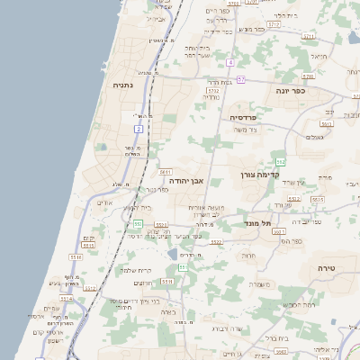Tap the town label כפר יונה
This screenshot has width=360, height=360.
click(x=291, y=90)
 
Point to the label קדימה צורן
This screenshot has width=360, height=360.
click(x=258, y=175)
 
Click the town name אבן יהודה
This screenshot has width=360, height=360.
click(x=182, y=180)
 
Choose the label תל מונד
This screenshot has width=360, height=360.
click(x=257, y=220)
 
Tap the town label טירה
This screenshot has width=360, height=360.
click(x=327, y=268)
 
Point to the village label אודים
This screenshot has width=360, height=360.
click(x=103, y=202)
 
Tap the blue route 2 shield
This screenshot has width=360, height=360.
click(x=139, y=130)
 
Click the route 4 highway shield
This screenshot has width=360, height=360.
click(x=230, y=62)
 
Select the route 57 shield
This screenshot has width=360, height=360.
click(x=241, y=79)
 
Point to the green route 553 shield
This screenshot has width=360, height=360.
click(x=137, y=223)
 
